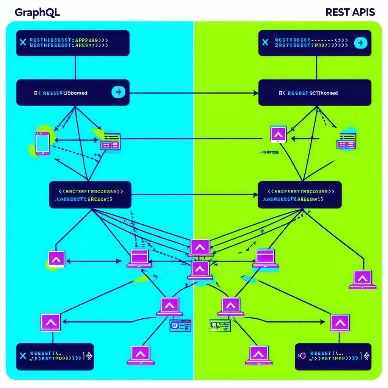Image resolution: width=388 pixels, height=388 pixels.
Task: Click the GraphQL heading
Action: [37, 12]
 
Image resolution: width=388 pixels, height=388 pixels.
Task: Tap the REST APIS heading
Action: [350, 12]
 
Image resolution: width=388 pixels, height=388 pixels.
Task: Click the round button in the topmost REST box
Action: [360, 43]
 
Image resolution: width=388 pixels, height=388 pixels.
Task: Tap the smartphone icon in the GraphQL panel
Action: [42, 142]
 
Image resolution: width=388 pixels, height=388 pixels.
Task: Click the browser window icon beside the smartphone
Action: [110, 141]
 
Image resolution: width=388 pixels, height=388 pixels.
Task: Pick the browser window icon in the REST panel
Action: [346, 141]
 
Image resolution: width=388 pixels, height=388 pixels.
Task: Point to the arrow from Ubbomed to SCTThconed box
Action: [193, 93]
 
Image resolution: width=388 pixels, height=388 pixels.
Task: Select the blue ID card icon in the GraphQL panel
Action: [180, 325]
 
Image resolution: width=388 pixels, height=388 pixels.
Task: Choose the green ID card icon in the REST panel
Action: [220, 325]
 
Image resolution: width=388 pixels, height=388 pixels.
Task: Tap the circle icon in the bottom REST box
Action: [302, 356]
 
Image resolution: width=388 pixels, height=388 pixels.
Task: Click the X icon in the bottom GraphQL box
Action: [22, 356]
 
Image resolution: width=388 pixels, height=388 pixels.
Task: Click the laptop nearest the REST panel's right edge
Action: [363, 280]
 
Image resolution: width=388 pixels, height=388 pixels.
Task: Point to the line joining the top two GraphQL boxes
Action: [75, 68]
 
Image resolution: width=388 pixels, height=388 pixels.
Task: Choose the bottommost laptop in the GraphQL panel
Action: [141, 355]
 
